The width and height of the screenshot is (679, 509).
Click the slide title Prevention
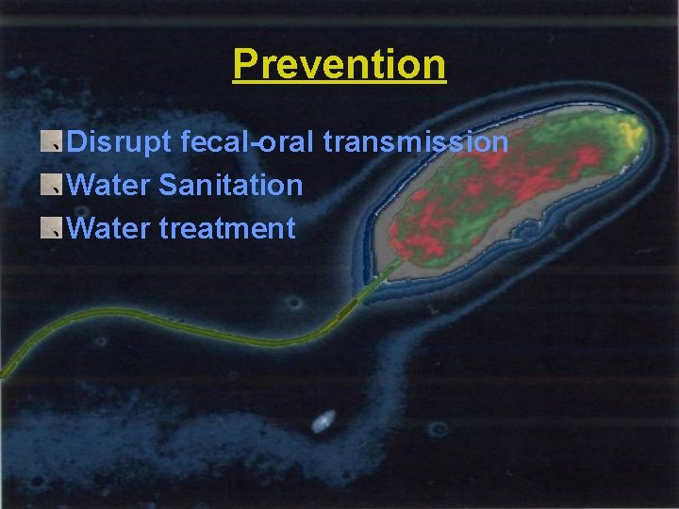point(339,64)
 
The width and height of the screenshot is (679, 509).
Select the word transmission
point(416,142)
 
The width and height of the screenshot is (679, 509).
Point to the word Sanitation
point(231,185)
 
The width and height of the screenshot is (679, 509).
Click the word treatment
point(227,227)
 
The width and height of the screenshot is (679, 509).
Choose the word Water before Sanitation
point(109,185)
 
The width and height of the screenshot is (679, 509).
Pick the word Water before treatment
point(109,227)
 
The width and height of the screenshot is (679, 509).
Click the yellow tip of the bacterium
point(627,132)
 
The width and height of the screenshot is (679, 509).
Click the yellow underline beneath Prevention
point(339,85)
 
